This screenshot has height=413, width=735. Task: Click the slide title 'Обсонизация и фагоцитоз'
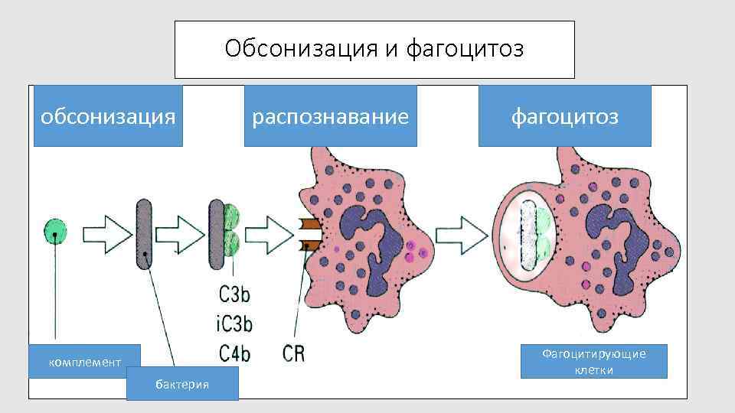[374, 50]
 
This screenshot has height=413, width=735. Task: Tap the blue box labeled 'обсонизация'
[108, 116]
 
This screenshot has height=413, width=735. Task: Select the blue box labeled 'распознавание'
[330, 116]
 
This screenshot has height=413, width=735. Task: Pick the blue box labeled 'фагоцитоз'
[564, 116]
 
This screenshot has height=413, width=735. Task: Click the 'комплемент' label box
[85, 361]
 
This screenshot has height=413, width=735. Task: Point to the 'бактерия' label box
[182, 383]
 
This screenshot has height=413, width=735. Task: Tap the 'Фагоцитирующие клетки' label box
[593, 362]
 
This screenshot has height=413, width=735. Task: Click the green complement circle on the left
[55, 230]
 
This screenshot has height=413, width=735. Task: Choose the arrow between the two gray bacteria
[181, 233]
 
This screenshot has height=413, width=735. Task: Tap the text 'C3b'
[235, 294]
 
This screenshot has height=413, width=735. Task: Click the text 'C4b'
[235, 353]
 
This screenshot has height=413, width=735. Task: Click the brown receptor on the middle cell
[311, 233]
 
